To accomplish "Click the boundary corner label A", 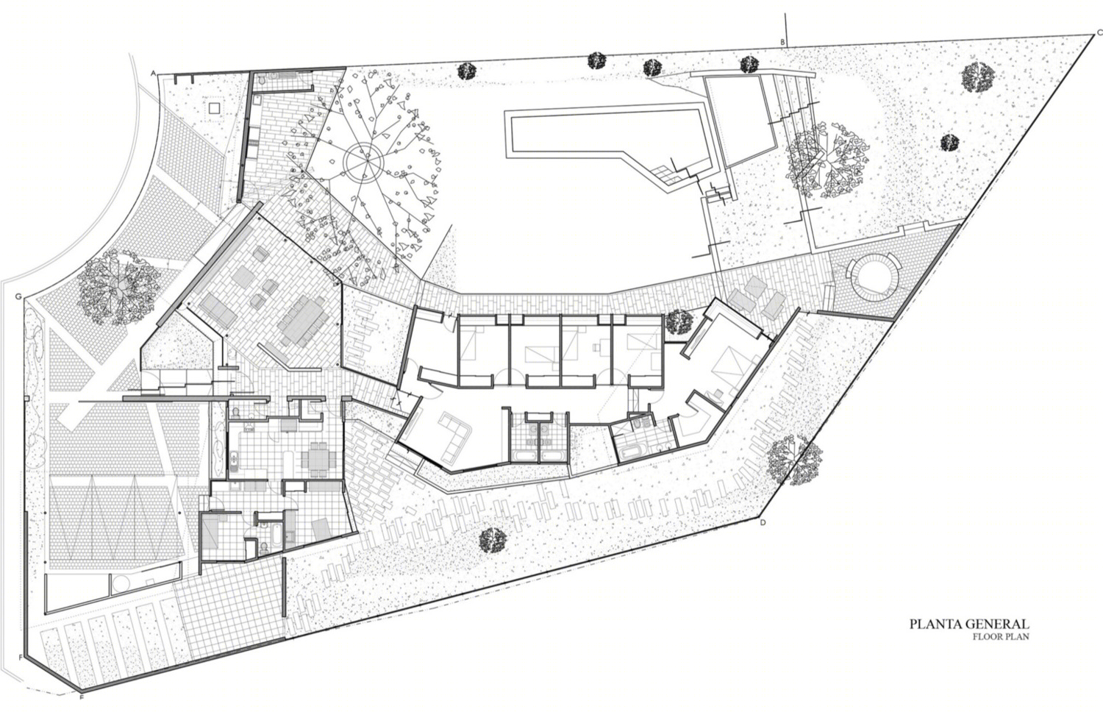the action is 153,74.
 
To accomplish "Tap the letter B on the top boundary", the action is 782,43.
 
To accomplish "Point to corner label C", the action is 1099,33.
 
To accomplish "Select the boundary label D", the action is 763,522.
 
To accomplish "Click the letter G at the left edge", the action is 18,297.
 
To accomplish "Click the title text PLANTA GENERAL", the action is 969,624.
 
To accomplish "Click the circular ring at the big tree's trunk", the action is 364,160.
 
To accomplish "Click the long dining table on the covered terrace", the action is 302,321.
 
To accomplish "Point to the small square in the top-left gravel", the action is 214,107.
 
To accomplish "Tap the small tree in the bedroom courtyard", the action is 679,322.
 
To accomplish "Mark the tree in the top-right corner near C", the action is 977,77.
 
